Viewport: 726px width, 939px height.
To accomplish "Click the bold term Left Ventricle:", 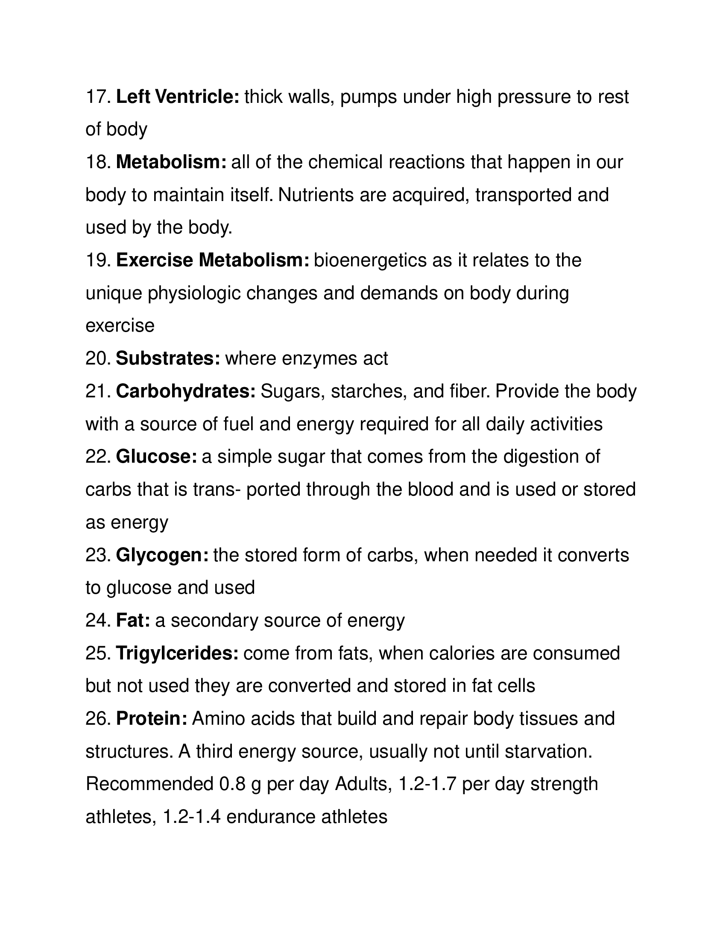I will pos(178,97).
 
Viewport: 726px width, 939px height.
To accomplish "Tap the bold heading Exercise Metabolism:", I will pos(213,260).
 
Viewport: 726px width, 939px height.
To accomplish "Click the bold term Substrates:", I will pos(168,359).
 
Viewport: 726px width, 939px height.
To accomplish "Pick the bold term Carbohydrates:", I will pos(186,391).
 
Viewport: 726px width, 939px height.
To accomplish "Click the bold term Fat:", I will pos(133,621).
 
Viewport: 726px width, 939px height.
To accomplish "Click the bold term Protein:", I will pos(152,718).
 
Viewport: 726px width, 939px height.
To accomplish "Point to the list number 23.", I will pos(98,555).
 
